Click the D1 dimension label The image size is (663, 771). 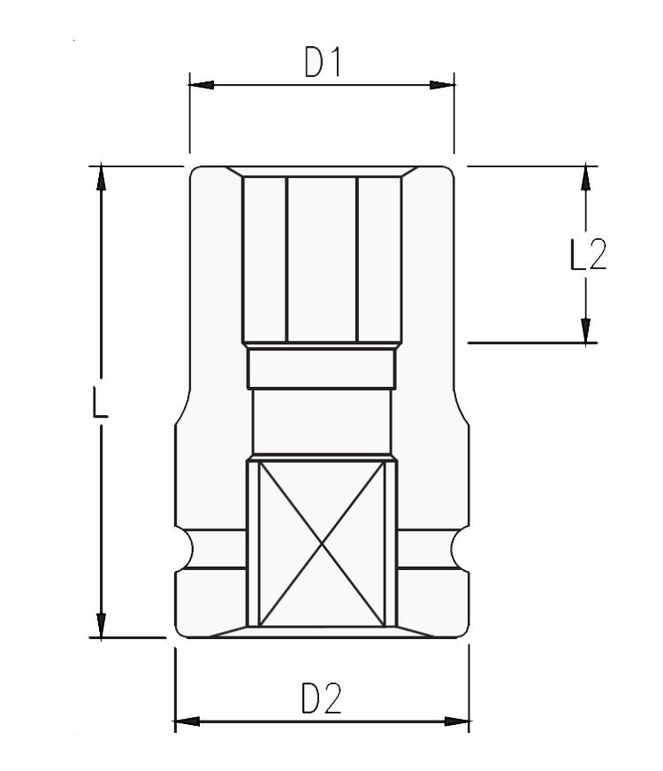coord(322,63)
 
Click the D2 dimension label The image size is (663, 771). coord(321,699)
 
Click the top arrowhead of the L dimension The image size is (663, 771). coord(102,178)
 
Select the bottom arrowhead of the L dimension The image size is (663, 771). coord(102,624)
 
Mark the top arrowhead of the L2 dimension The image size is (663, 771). coord(584,178)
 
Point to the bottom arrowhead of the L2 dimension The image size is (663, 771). coord(584,329)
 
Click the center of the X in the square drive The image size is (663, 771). coord(322,544)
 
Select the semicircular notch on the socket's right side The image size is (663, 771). coord(460,549)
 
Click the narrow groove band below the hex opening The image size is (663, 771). coord(322,367)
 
